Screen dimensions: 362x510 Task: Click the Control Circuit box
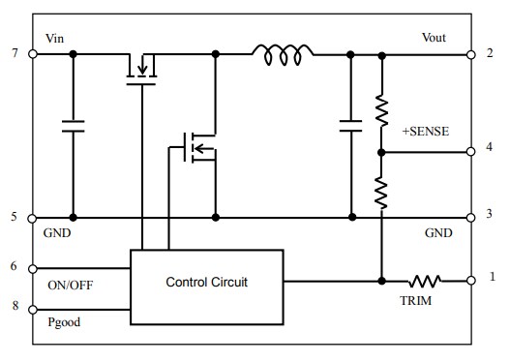207,283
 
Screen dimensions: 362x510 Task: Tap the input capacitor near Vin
73,124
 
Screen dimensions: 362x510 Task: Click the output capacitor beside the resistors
351,124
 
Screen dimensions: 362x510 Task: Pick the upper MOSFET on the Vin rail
142,67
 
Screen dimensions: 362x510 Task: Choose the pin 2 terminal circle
471,54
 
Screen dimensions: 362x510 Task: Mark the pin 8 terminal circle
33,311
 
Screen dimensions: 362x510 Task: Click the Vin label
56,39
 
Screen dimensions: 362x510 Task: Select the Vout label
435,38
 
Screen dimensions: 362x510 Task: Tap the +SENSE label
425,130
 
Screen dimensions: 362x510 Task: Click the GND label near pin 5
59,234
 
